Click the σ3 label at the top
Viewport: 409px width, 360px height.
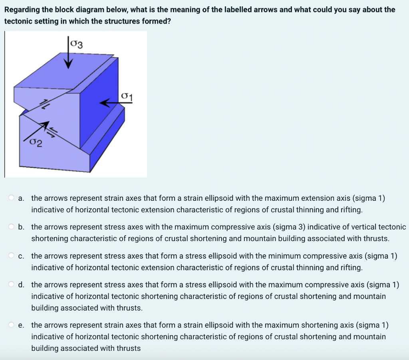76,43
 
